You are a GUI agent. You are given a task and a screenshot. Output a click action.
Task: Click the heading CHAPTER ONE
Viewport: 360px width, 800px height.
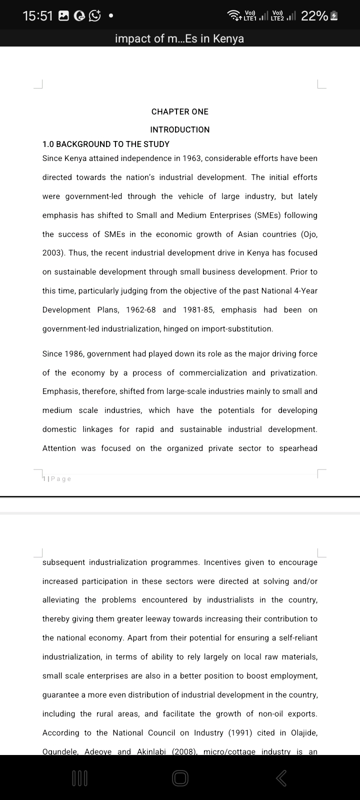180,111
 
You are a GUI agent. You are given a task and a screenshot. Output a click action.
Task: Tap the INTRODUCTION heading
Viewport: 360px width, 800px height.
180,129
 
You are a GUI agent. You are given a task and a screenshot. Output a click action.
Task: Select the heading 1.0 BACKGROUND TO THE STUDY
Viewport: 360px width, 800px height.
106,144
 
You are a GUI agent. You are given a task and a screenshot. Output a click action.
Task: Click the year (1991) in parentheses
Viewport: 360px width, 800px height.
240,733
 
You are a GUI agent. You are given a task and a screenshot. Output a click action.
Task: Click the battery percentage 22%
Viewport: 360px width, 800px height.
314,16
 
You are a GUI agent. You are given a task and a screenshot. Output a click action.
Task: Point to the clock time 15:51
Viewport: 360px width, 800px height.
38,16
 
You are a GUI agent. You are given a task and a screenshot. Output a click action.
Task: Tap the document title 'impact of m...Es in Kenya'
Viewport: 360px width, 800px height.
179,38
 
